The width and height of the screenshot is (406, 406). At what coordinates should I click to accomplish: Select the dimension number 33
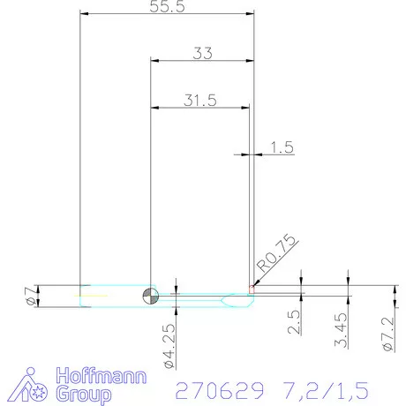click(202, 53)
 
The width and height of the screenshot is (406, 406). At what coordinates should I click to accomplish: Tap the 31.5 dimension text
click(200, 100)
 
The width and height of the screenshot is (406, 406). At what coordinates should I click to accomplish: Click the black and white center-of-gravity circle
click(151, 295)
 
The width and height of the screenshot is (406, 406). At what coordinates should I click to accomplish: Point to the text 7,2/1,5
click(319, 388)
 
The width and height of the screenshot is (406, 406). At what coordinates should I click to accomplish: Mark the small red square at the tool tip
click(252, 288)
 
